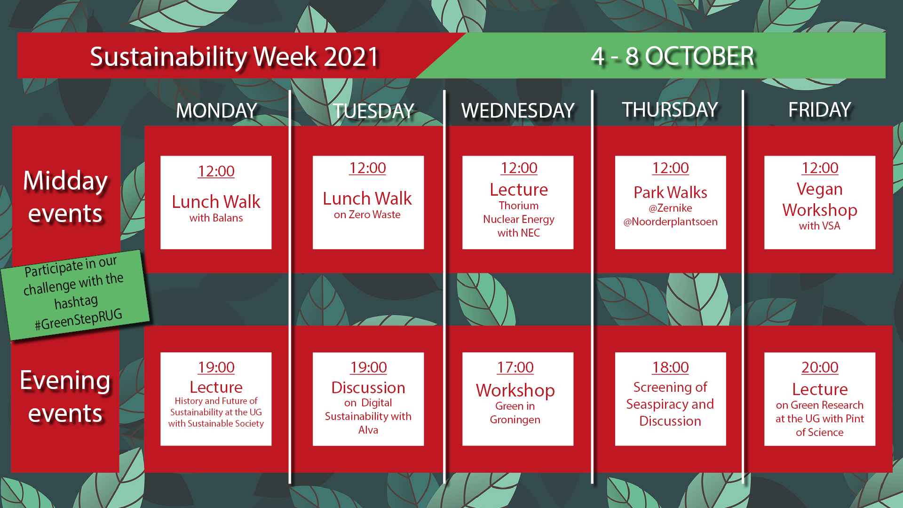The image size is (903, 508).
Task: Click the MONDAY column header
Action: (x=216, y=111)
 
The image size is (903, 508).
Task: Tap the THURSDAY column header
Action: (x=670, y=110)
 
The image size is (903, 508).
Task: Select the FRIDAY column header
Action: (x=820, y=110)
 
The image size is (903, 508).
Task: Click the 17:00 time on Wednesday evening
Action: (x=515, y=367)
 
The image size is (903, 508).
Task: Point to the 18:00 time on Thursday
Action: (x=670, y=367)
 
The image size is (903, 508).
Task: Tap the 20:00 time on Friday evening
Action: (x=820, y=367)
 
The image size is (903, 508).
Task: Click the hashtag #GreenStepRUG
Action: (x=79, y=319)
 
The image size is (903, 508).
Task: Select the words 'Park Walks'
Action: (x=670, y=192)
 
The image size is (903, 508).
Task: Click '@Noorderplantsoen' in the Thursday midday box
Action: (x=670, y=222)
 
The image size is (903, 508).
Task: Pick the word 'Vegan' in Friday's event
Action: (x=820, y=189)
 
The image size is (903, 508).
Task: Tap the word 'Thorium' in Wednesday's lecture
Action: (x=519, y=206)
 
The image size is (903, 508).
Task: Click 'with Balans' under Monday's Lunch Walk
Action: (x=216, y=218)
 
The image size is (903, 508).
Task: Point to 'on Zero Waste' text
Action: (x=367, y=214)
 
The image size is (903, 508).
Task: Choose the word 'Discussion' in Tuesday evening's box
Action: (x=368, y=388)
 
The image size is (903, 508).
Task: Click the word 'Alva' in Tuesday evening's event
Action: (x=368, y=430)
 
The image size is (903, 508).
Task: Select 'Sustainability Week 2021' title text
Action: (x=235, y=57)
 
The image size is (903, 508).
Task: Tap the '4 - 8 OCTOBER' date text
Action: (x=673, y=56)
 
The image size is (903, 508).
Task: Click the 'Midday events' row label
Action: (x=65, y=197)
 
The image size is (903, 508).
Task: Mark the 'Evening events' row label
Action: (x=65, y=397)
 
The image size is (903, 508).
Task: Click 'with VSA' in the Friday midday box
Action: (x=820, y=226)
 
